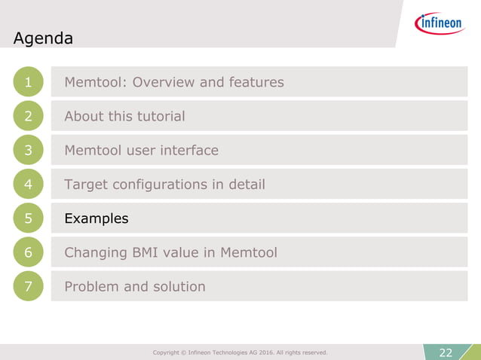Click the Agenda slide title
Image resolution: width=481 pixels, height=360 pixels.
pyautogui.click(x=43, y=38)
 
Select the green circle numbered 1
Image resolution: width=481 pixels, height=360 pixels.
pyautogui.click(x=28, y=82)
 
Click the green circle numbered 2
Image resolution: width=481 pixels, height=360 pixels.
pyautogui.click(x=28, y=116)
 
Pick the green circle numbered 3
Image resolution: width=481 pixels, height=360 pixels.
pyautogui.click(x=28, y=150)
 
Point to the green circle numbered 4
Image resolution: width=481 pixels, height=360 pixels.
pyautogui.click(x=28, y=185)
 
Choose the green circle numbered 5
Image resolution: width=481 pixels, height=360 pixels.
pyautogui.click(x=28, y=218)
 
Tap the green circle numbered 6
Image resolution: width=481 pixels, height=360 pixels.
pyautogui.click(x=28, y=252)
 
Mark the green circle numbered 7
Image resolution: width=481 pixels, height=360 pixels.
pyautogui.click(x=28, y=286)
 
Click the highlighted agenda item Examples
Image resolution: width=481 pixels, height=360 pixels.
pyautogui.click(x=97, y=218)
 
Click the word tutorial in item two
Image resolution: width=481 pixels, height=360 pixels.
pyautogui.click(x=158, y=116)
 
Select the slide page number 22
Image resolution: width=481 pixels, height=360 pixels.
pyautogui.click(x=446, y=352)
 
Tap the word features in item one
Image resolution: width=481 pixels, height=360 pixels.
pyautogui.click(x=256, y=82)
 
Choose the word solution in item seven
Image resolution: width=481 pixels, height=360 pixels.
pyautogui.click(x=179, y=286)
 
